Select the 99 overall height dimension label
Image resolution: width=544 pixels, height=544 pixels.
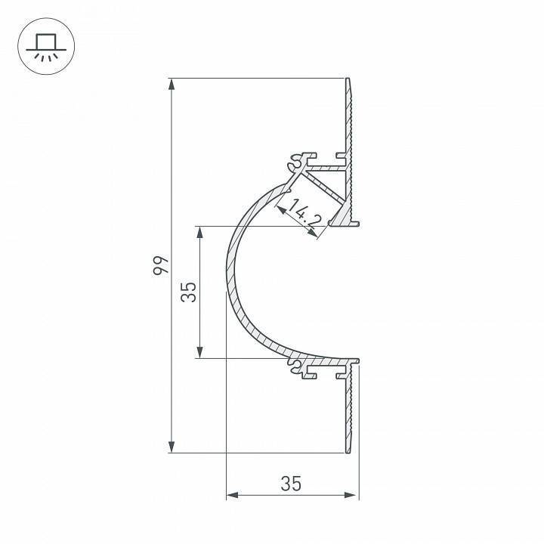159,265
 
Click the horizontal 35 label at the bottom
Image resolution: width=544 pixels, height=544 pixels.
291,484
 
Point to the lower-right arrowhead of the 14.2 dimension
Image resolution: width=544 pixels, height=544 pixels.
316,235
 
